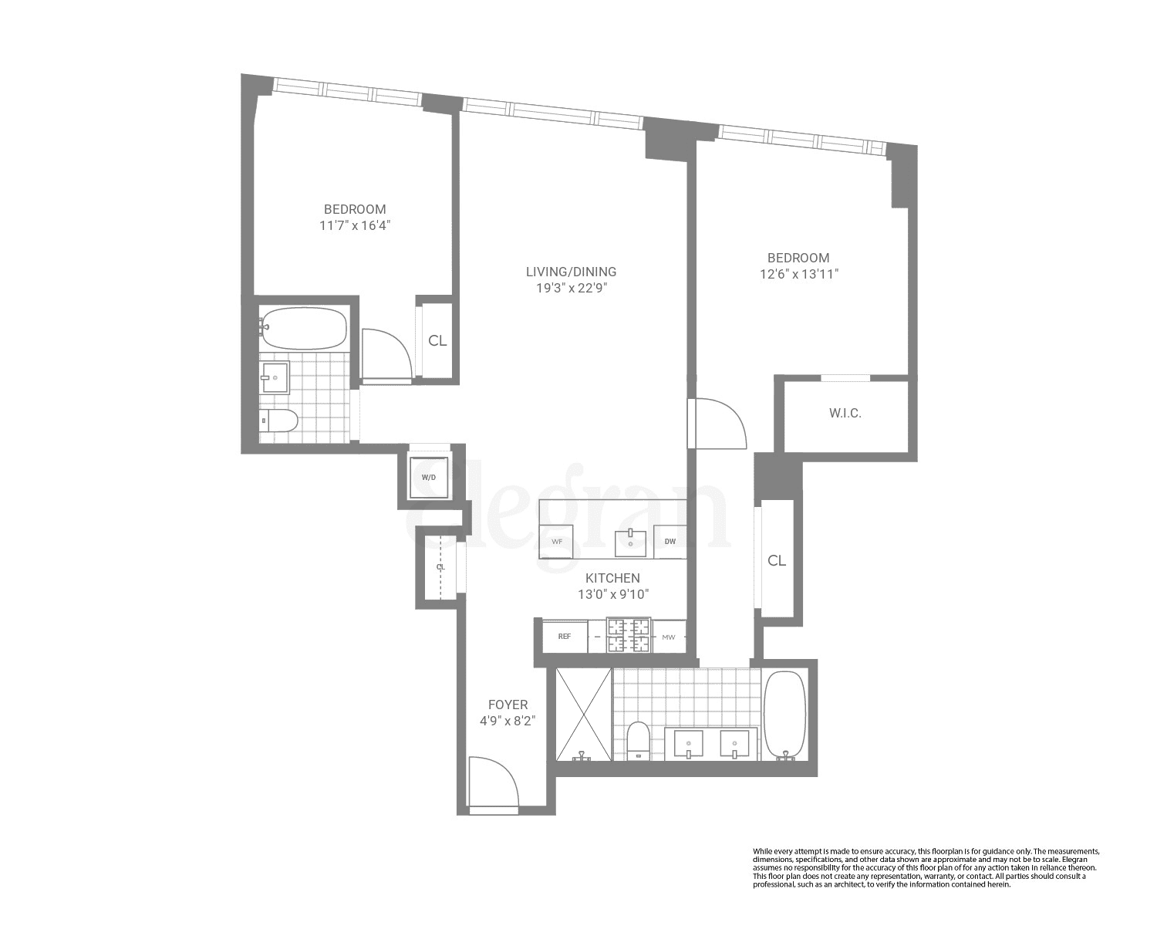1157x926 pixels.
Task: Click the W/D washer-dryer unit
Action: [428, 478]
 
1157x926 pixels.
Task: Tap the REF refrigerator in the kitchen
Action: [564, 637]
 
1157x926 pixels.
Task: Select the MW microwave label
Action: [668, 637]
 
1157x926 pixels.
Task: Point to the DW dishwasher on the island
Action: [670, 541]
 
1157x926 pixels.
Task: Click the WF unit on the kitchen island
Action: [556, 542]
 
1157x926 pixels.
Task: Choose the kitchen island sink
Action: [630, 542]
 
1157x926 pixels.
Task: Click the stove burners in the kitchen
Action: [629, 636]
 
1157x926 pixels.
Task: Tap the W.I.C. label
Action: [845, 414]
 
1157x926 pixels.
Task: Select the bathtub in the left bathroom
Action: [302, 329]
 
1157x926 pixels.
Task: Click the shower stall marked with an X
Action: [583, 714]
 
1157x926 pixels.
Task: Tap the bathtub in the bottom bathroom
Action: [784, 715]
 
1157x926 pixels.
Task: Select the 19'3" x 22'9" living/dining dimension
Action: [571, 289]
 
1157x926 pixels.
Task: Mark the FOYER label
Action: [508, 705]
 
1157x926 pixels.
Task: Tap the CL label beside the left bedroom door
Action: [437, 341]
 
